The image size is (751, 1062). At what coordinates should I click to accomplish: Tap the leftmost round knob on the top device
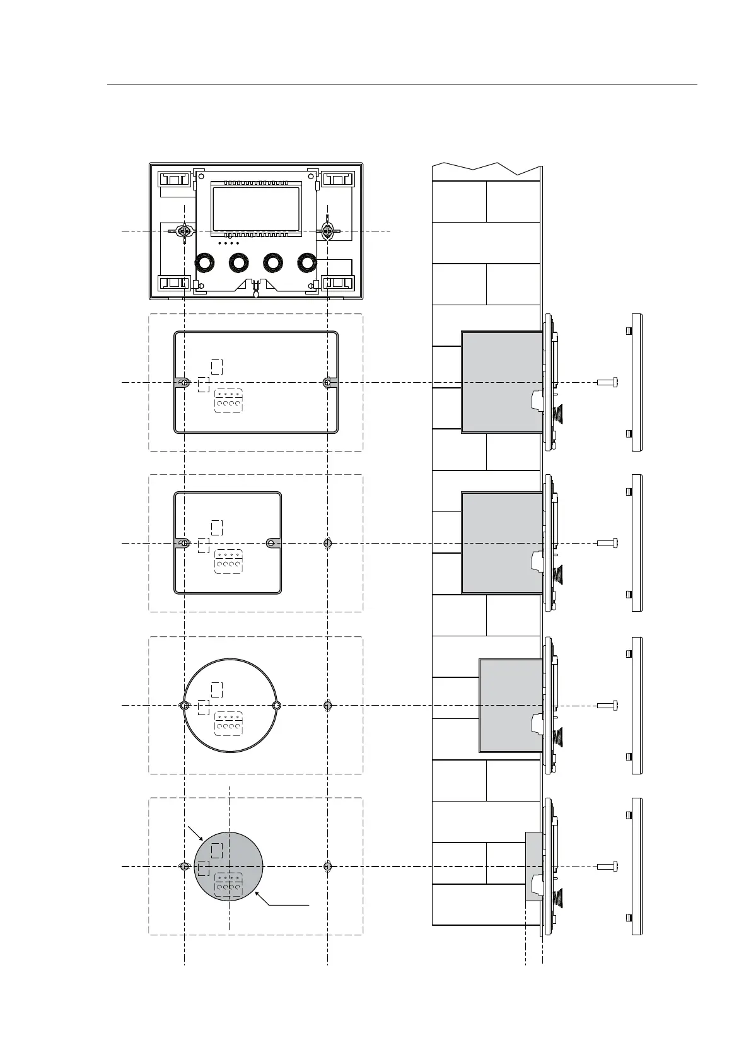[x=204, y=262]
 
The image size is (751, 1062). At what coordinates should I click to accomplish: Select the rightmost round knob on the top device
[x=307, y=262]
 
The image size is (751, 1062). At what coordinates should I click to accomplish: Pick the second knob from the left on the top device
[x=238, y=262]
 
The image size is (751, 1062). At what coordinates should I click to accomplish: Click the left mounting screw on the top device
[x=184, y=231]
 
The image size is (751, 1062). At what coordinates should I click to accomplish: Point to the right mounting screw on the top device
[x=327, y=231]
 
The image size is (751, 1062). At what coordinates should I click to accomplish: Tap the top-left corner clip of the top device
[x=173, y=180]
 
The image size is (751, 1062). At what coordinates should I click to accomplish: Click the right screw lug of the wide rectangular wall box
[x=328, y=382]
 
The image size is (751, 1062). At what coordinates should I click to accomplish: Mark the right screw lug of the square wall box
[x=272, y=543]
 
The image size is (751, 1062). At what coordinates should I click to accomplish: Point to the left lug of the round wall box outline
[x=183, y=705]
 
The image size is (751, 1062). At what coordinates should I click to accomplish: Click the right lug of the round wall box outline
[x=276, y=705]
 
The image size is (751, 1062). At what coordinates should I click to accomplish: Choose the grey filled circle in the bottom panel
[x=228, y=867]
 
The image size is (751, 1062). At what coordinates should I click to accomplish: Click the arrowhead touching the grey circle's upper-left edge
[x=201, y=839]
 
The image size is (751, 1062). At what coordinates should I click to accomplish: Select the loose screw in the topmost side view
[x=607, y=382]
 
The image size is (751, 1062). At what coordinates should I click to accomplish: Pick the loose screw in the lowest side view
[x=607, y=867]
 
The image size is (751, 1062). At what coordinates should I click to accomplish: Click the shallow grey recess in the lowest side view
[x=533, y=867]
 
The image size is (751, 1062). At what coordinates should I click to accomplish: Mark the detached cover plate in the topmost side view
[x=636, y=382]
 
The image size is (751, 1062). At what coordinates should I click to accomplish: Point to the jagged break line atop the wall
[x=486, y=167]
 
